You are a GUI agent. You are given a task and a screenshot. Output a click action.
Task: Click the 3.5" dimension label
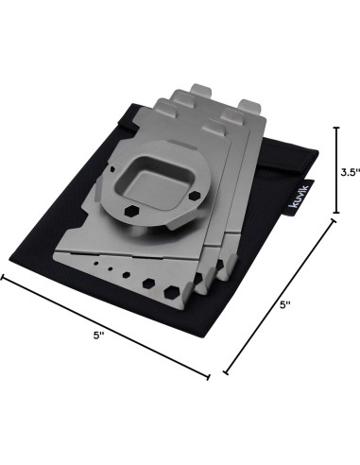pyautogui.click(x=350, y=172)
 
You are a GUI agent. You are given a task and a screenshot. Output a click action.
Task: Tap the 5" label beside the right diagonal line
pyautogui.click(x=285, y=304)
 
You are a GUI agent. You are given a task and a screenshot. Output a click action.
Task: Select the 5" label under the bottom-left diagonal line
pyautogui.click(x=99, y=336)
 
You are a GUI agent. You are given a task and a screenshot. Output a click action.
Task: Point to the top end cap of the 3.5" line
pyautogui.click(x=336, y=128)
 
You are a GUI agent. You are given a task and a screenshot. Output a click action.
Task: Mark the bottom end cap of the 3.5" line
pyautogui.click(x=336, y=213)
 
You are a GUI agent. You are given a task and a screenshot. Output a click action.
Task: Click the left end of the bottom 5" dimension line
pyautogui.click(x=2, y=277)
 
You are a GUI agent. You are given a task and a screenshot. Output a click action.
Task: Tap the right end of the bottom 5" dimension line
pyautogui.click(x=208, y=377)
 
